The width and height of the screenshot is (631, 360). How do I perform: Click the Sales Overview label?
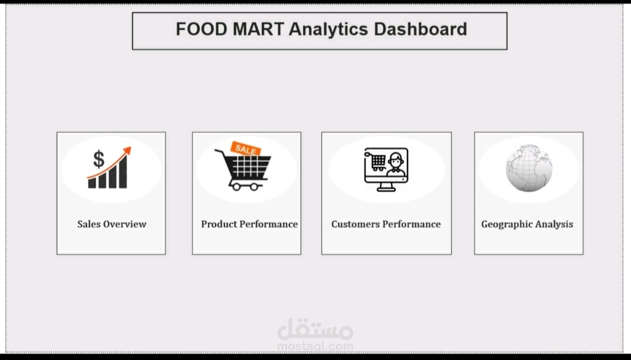point(112,224)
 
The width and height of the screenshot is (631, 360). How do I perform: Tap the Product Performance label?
point(249,224)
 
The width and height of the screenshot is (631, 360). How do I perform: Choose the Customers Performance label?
point(386,224)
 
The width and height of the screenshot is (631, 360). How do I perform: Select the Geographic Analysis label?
point(527,224)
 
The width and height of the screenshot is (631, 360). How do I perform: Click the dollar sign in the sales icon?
point(99,158)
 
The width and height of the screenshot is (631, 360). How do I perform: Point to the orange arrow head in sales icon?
point(127,151)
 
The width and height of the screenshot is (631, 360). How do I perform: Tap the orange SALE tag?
point(245,149)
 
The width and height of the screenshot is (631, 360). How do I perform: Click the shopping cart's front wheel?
point(255,186)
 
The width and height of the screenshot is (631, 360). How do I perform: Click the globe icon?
point(529,169)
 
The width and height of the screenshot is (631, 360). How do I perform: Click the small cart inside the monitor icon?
point(378,161)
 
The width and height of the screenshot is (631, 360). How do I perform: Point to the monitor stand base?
point(386,189)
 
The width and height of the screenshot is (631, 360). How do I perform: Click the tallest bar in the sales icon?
point(122,173)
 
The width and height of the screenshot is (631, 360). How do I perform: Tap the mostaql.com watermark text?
point(315,347)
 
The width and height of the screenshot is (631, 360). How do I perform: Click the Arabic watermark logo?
point(315,330)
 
